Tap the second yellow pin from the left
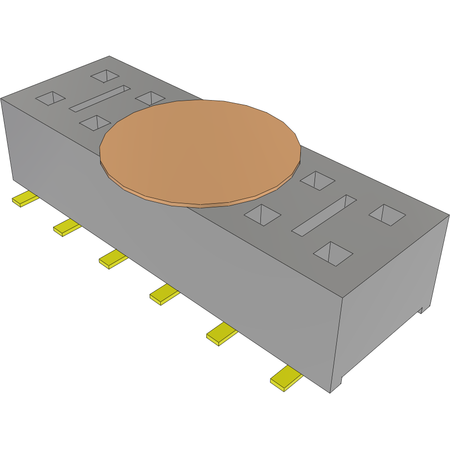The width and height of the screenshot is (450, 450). tap(66, 228)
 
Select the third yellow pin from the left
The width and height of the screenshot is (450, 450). tap(112, 259)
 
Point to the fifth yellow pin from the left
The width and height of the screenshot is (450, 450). tap(221, 334)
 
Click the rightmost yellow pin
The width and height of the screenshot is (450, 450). tap(286, 378)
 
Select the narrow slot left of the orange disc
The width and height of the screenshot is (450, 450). tap(100, 98)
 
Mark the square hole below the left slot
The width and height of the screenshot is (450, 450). tap(95, 122)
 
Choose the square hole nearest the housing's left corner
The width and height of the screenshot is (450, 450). tap(50, 98)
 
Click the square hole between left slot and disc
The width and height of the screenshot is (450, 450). tap(150, 98)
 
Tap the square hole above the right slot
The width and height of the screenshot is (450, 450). tap(317, 181)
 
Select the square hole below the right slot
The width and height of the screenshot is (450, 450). tap(333, 253)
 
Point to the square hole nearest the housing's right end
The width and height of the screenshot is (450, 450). tap(387, 215)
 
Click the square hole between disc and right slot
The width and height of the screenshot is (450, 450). tap(262, 215)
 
